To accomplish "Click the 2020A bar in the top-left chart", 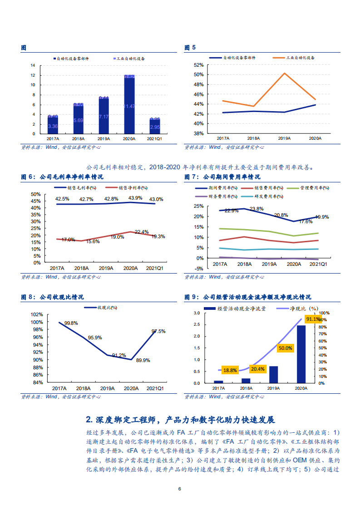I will pos(129,104).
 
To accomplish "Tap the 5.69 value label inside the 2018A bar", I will pos(78,120).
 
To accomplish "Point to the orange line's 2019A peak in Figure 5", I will pos(285,73).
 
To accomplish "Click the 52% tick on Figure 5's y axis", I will pos(198,65).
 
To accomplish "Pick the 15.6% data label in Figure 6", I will pos(93,242).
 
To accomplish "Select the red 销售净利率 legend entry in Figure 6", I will pos(126,187).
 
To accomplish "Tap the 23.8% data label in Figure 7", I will pos(256,209).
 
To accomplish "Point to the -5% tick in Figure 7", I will pos(198,269).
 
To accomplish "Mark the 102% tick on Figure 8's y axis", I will pos(37,314).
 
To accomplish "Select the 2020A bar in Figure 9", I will pos(301,354).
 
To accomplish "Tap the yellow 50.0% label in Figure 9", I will pos(286,348).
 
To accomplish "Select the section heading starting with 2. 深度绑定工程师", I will pos(180,420).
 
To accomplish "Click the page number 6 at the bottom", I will pos(180,489).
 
